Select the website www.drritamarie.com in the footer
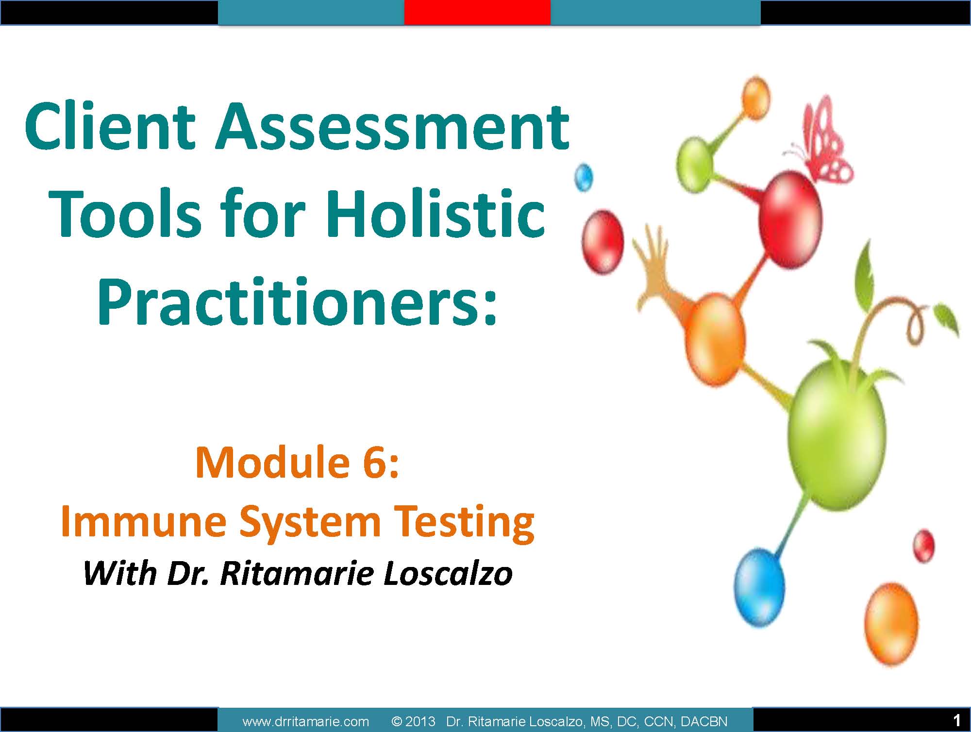tap(305, 722)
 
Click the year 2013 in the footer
tap(420, 722)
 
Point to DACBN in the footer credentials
tap(704, 722)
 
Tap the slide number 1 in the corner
tap(957, 719)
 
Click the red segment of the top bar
tap(477, 12)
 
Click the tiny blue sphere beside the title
tap(584, 178)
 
